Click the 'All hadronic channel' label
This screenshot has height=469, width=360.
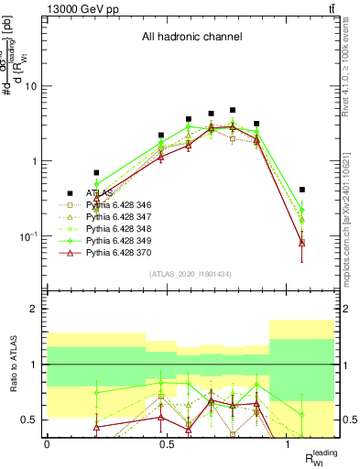pos(191,38)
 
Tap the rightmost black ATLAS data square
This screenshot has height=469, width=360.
pos(302,190)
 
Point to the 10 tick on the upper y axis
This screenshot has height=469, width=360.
pos(34,86)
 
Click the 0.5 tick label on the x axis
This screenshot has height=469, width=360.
pos(167,443)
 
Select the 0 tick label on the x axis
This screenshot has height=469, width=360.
pos(47,443)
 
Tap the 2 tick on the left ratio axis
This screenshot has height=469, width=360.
pos(37,309)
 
